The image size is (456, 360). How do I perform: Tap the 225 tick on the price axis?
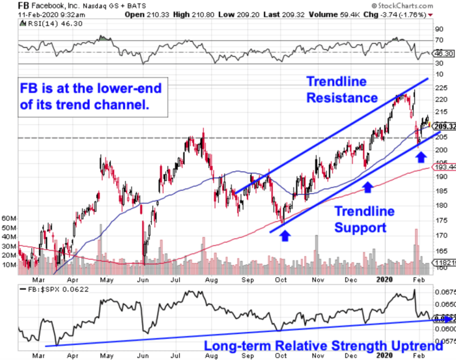(x=441, y=87)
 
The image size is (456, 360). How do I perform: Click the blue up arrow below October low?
(x=285, y=235)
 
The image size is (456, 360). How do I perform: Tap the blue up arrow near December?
(x=368, y=187)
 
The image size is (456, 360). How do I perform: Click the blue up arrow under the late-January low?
(x=420, y=156)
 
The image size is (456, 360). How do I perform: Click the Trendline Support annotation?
(x=364, y=219)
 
